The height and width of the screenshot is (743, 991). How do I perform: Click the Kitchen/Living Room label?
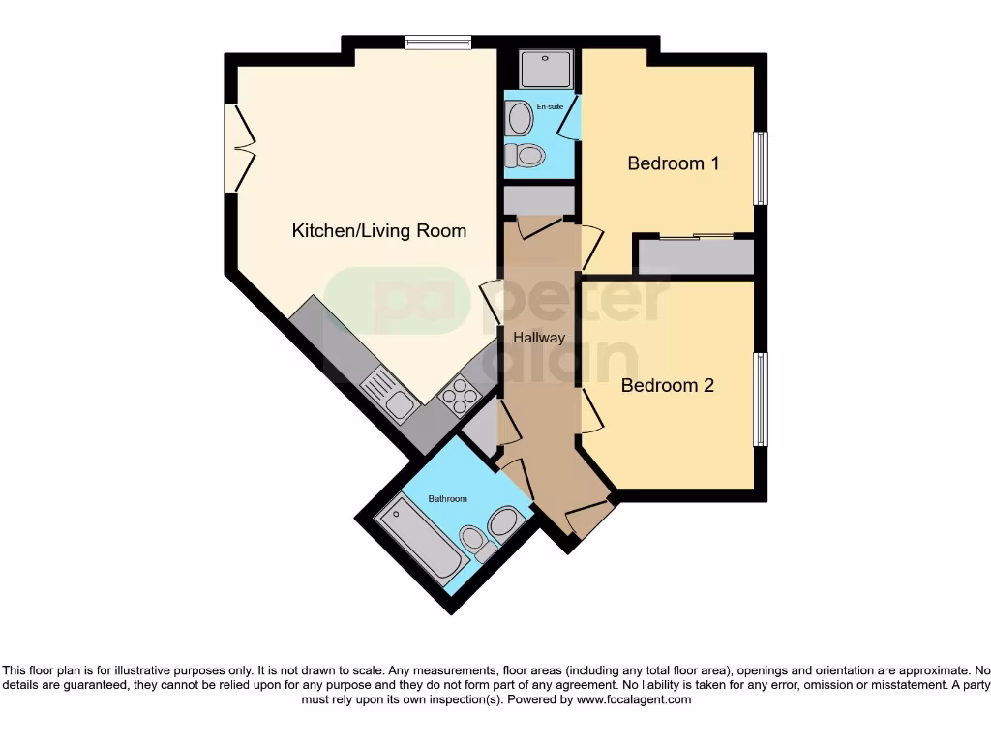click(x=379, y=231)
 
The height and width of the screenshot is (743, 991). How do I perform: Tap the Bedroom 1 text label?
click(x=673, y=163)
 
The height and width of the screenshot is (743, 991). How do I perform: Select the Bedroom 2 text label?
click(x=667, y=385)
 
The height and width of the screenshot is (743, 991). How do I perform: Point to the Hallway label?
click(x=539, y=338)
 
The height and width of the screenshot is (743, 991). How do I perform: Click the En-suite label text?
click(x=550, y=106)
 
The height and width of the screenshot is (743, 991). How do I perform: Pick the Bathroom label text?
click(x=447, y=499)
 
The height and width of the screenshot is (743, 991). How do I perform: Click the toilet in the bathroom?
click(x=474, y=540)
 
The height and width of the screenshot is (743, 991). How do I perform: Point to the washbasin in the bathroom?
click(x=504, y=522)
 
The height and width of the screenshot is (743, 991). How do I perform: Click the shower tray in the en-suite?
click(x=547, y=70)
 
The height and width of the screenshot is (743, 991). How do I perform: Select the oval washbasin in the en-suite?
click(x=520, y=120)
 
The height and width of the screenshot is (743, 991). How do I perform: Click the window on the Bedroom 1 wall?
click(x=761, y=168)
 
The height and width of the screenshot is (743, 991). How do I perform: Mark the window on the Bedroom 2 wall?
click(x=761, y=400)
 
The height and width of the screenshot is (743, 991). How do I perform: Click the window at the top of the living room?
click(x=437, y=41)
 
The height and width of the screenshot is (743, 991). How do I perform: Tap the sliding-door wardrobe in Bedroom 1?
click(x=696, y=254)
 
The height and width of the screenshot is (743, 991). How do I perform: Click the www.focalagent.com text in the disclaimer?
click(x=635, y=699)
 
